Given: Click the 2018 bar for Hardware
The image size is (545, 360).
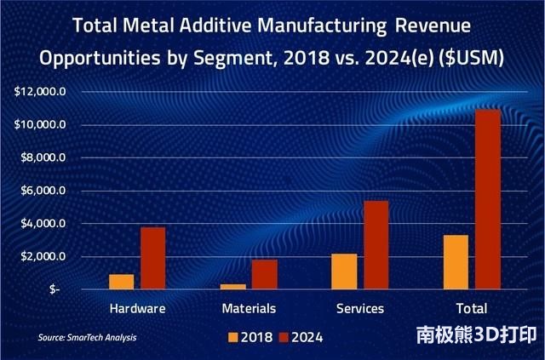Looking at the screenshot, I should (122, 282).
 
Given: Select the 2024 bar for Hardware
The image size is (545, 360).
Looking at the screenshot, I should (152, 258).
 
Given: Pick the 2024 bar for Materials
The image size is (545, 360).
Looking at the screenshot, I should (265, 274).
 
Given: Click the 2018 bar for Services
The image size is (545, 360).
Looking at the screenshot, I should (345, 271).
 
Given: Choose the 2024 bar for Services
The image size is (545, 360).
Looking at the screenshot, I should (376, 245).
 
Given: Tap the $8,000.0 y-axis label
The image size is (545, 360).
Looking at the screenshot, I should (43, 157).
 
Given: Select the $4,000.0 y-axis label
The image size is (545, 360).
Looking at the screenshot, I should (43, 224).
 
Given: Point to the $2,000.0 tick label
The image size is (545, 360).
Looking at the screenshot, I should (43, 256).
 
